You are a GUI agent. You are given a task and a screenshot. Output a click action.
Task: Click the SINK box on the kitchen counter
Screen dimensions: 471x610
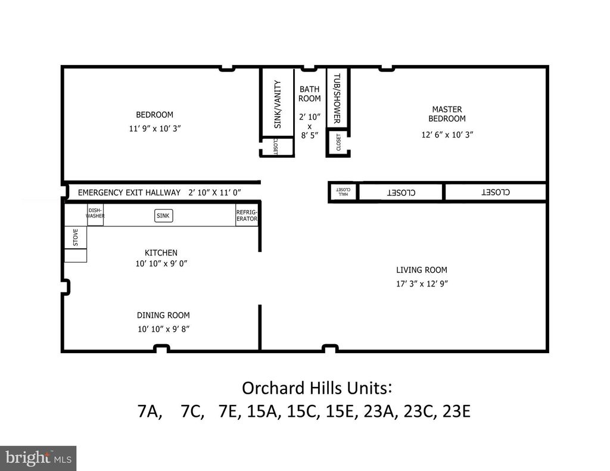tap(164, 216)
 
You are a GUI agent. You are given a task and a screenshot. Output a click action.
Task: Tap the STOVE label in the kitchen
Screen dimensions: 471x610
tap(76, 238)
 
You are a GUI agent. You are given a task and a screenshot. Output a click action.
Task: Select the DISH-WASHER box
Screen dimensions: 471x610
tap(95, 213)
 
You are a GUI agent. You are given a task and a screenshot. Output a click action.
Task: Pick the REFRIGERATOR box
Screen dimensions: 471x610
tap(247, 216)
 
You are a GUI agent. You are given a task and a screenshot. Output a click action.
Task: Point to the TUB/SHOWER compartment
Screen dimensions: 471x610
tap(337, 98)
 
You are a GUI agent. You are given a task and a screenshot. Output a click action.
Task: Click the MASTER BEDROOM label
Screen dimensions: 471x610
tap(447, 114)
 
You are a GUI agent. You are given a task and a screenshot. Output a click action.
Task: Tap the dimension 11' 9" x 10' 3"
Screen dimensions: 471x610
tap(154, 128)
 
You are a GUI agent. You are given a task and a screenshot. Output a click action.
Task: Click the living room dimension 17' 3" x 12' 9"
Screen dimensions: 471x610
tap(422, 284)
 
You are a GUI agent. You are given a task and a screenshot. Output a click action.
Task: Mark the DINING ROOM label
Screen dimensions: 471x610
tap(163, 315)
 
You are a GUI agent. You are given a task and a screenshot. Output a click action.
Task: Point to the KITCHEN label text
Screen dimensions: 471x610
tap(161, 252)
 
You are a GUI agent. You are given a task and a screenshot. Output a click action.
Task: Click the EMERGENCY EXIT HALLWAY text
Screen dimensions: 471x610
tap(129, 192)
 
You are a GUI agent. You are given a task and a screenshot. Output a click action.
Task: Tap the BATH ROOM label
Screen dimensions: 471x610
tap(309, 94)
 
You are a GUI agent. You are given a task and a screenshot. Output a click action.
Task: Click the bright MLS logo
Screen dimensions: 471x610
tap(38, 458)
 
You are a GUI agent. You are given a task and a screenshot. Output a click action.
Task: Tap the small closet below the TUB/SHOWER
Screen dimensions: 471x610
tap(338, 144)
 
